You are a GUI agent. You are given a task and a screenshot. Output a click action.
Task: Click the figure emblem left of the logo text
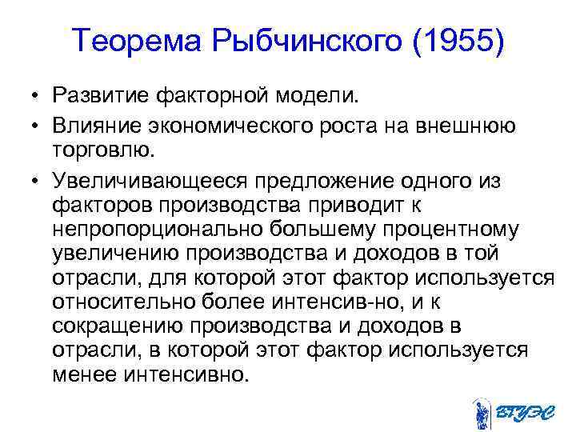481,413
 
